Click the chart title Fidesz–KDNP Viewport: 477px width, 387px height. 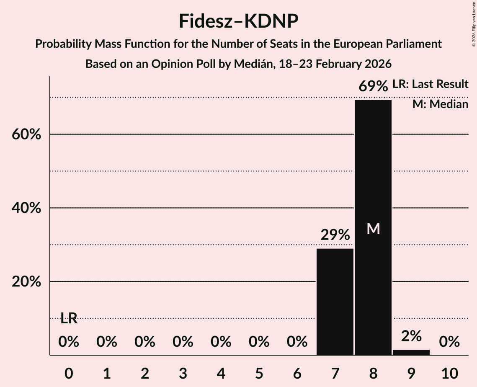(238, 21)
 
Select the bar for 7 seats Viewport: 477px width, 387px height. (335, 302)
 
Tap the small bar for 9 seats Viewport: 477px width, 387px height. (411, 352)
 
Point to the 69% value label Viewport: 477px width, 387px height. (373, 87)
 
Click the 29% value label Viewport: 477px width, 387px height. (335, 235)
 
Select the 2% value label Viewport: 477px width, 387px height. (411, 336)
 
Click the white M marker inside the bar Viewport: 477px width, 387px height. (373, 229)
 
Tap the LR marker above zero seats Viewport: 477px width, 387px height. (69, 318)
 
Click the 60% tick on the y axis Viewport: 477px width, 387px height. (26, 135)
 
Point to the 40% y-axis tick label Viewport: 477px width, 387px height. (26, 208)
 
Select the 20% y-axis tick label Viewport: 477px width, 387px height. (26, 282)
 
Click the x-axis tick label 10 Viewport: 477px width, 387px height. (449, 373)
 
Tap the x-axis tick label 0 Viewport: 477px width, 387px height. (69, 373)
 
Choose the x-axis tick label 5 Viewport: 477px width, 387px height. (259, 373)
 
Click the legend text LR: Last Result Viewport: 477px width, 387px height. (430, 84)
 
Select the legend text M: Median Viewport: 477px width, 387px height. (440, 104)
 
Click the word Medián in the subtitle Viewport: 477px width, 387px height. (253, 64)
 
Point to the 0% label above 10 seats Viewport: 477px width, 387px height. (449, 342)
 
